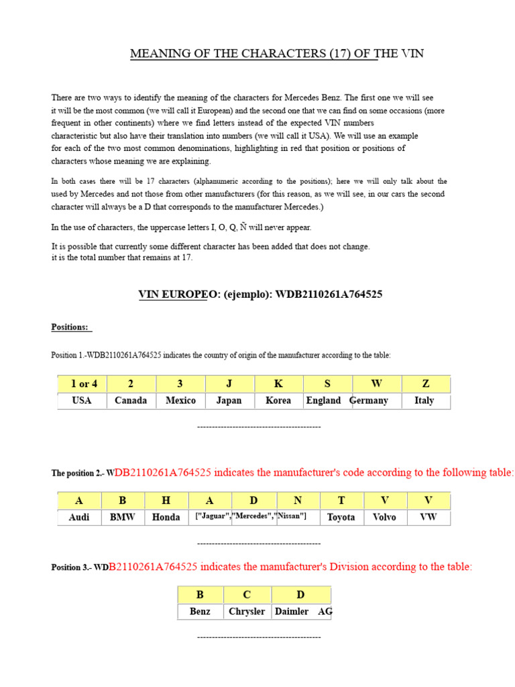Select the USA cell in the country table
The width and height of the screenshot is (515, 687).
pos(82,401)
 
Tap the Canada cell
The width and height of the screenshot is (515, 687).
pos(131,401)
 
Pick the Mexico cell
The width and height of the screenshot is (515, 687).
pos(180,401)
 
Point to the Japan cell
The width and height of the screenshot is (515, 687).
pos(229,401)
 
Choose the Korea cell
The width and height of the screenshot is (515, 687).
pos(278,401)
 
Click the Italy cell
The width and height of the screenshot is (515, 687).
pos(424,401)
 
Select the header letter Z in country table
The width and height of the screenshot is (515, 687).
pos(425,384)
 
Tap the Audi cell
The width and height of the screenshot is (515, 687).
pos(79,517)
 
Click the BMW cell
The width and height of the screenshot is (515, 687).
pos(123,517)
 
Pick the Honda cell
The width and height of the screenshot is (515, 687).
pos(166,517)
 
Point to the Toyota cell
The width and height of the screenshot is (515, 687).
pos(341,517)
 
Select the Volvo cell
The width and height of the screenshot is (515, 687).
pos(384,517)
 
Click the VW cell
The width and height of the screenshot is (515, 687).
pos(428,517)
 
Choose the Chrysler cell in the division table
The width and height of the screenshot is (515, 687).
pos(247,611)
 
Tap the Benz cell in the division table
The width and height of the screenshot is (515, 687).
pos(200,611)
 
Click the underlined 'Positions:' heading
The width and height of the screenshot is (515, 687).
pos(70,327)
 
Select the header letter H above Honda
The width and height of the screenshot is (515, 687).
pos(166,500)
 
